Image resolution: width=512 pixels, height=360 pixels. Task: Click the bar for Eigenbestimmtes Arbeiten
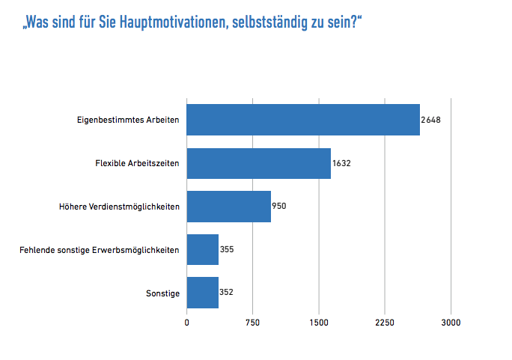pos(303,120)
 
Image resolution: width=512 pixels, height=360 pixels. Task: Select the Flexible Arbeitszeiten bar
pos(258,164)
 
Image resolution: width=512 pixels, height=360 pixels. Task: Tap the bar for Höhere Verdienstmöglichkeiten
pos(228,207)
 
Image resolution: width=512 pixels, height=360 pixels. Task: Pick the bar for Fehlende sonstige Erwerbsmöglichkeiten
pos(202,250)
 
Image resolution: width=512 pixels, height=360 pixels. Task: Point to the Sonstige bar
pos(202,293)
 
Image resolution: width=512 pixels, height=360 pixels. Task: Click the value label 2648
pos(431,120)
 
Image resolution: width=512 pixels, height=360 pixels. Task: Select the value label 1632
pos(342,164)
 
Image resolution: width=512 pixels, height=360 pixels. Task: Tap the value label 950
pos(279,207)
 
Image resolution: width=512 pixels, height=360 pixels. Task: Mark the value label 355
pos(227,250)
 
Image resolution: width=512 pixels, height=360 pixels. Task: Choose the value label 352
pos(227,293)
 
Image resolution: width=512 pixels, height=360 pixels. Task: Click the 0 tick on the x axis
pos(187,323)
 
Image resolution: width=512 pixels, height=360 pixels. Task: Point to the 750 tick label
pos(253,323)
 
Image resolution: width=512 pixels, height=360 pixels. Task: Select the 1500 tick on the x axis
pos(319,323)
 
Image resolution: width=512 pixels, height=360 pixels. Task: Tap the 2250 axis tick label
pos(385,323)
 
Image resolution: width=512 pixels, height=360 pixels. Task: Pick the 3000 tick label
pos(451,323)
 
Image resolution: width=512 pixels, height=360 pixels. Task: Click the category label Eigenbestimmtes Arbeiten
pos(128,120)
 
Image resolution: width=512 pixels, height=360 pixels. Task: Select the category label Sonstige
pos(162,293)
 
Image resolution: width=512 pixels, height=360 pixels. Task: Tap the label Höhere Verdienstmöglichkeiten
pos(119,207)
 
